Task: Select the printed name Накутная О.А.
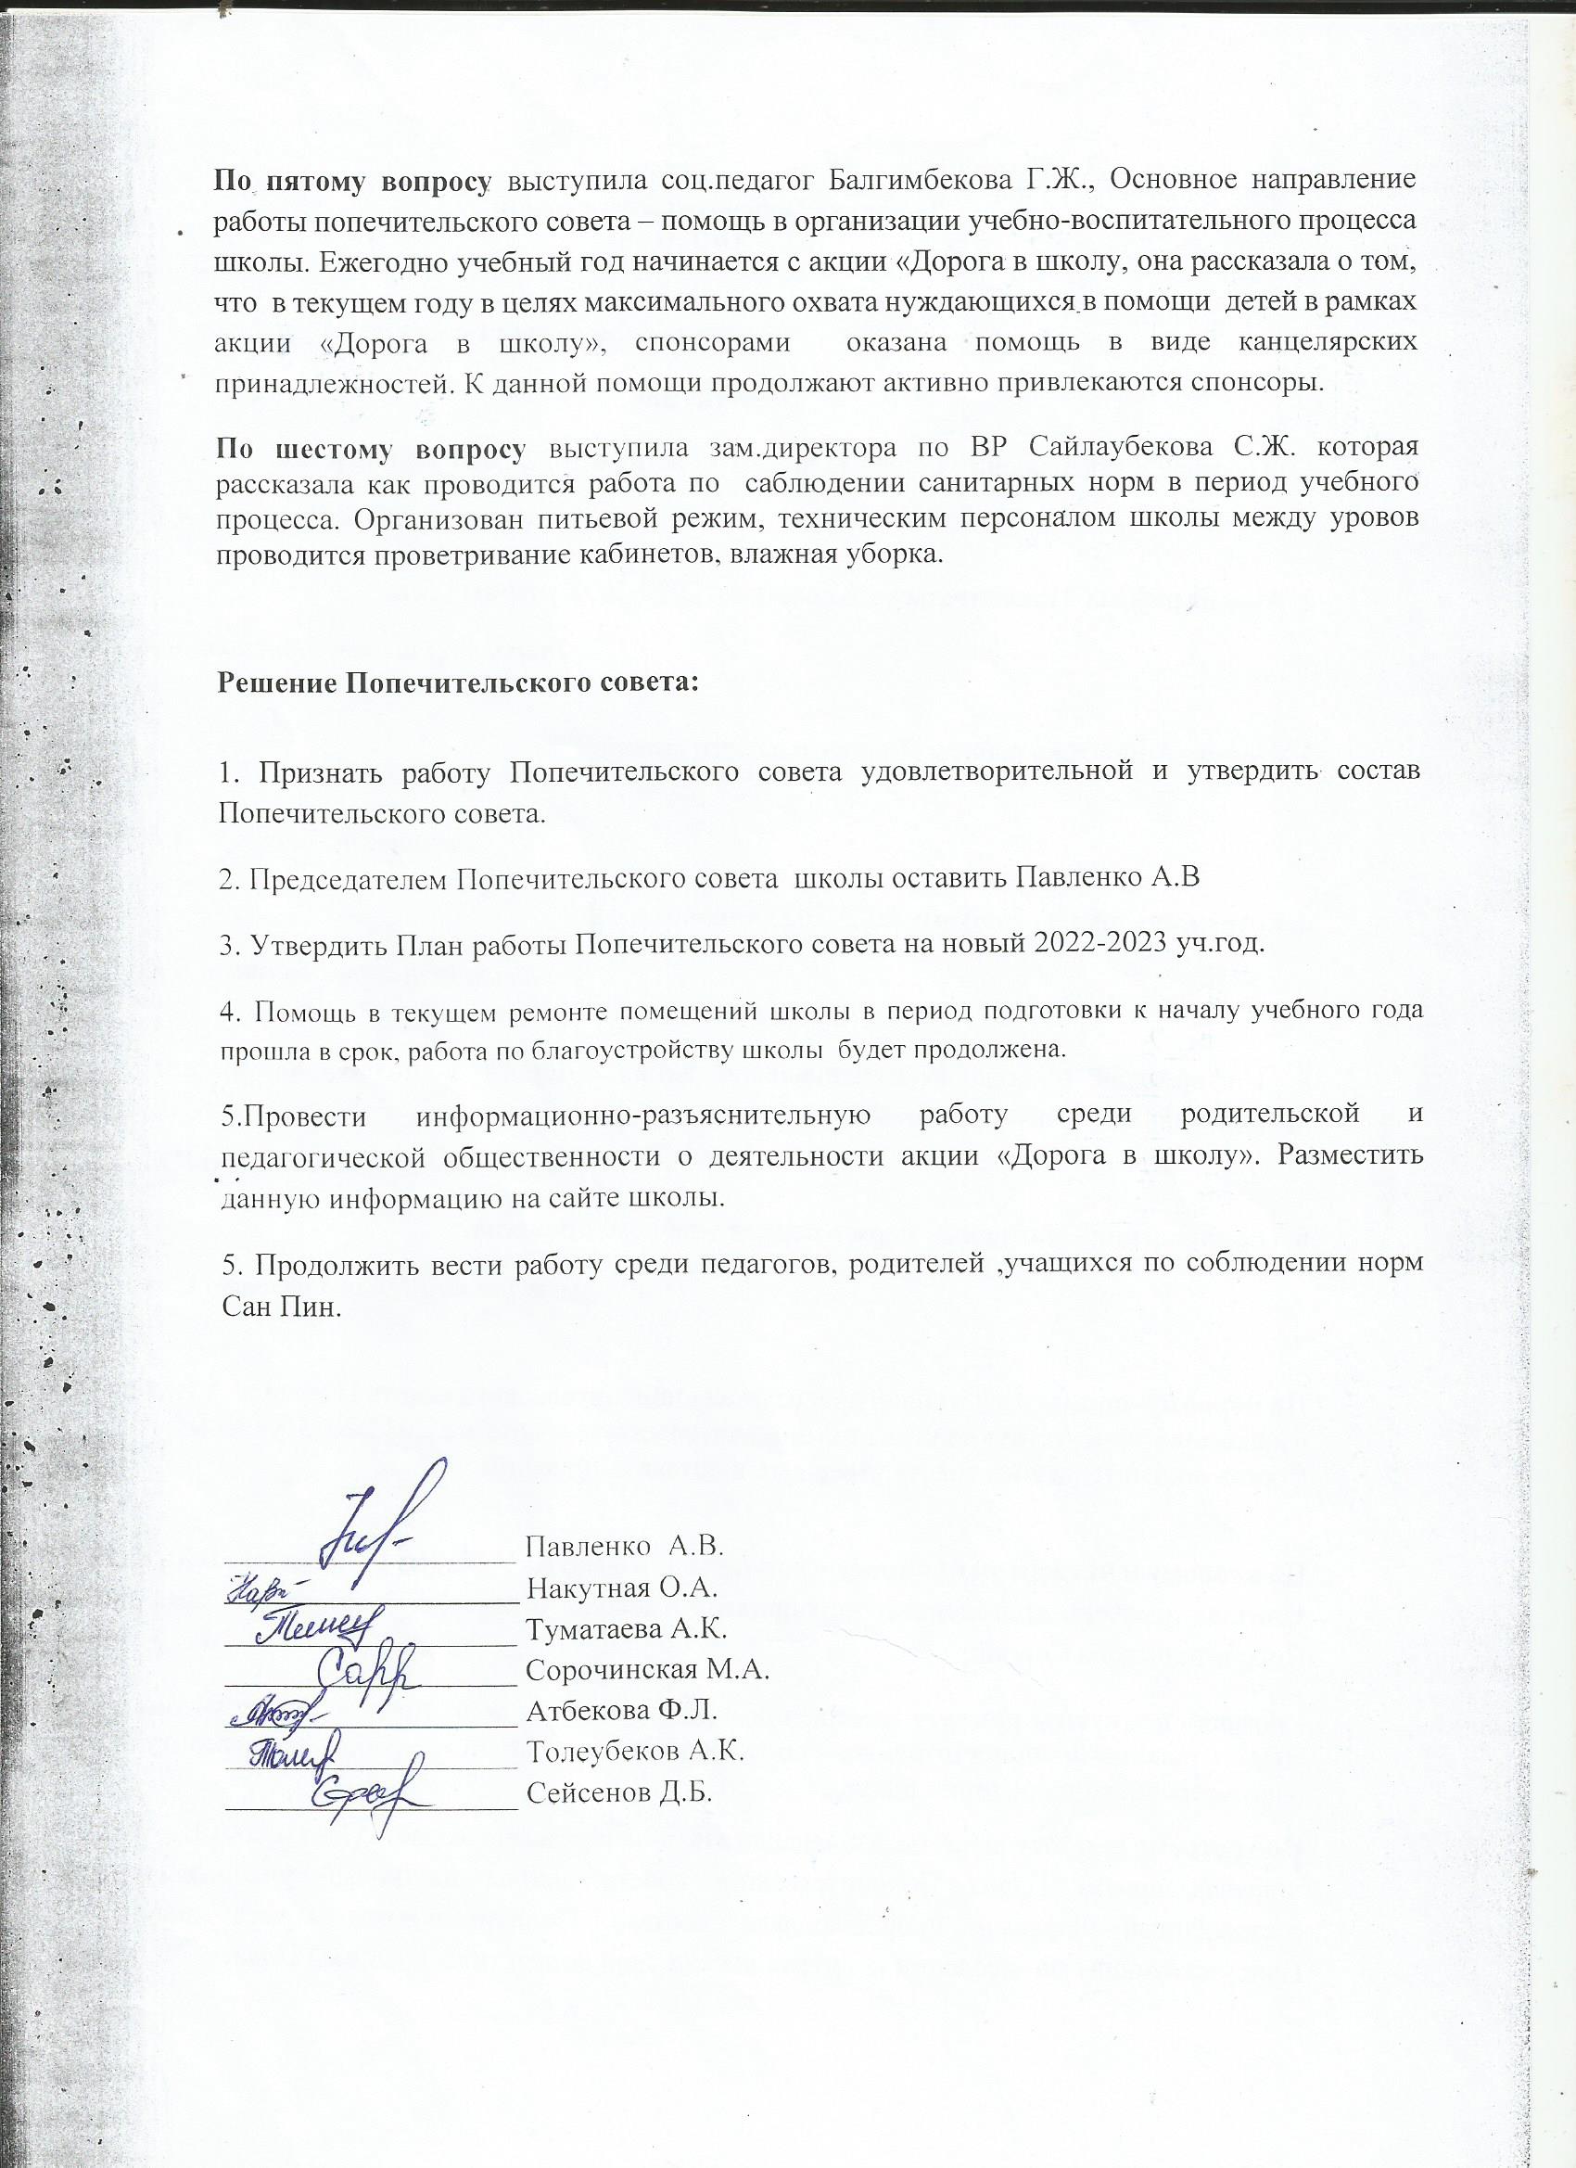[x=622, y=1588]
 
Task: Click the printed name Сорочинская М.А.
[x=648, y=1670]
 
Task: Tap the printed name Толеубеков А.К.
[x=636, y=1752]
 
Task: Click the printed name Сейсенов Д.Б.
[x=620, y=1792]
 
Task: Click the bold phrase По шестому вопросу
[x=372, y=447]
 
